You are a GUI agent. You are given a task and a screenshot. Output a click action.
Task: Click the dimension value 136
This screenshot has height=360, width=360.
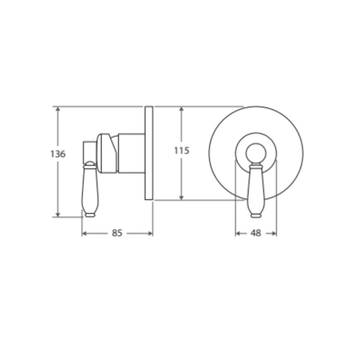pyautogui.click(x=58, y=154)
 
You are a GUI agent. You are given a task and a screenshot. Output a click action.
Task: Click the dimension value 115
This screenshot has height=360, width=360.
pyautogui.click(x=181, y=150)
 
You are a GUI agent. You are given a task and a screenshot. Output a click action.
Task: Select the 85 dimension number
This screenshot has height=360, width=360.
pyautogui.click(x=117, y=233)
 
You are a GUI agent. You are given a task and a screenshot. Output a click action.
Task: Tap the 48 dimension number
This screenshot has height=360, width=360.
pyautogui.click(x=256, y=233)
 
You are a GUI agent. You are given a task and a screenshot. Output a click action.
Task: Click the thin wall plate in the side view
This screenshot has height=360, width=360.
pyautogui.click(x=149, y=153)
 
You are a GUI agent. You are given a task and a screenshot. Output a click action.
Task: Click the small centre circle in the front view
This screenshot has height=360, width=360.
pyautogui.click(x=256, y=153)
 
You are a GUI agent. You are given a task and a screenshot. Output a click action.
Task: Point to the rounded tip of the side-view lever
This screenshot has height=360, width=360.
pyautogui.click(x=90, y=215)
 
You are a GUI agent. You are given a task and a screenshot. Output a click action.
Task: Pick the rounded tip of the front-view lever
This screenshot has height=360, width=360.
pyautogui.click(x=256, y=215)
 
